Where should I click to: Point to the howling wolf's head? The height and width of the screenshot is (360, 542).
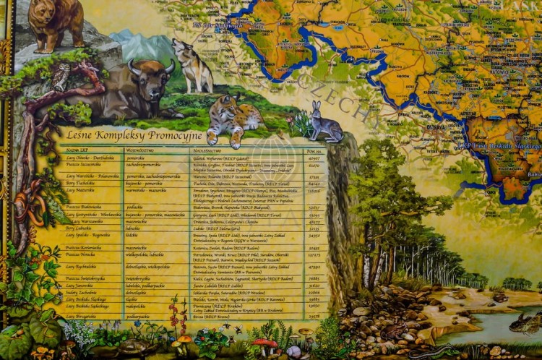(180, 48)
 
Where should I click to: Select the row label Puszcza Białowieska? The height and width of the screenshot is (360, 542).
(84, 207)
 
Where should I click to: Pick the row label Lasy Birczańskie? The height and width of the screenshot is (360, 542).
(82, 316)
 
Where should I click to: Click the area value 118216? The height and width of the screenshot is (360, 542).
(314, 191)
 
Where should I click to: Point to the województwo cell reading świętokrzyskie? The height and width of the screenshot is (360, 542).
(138, 278)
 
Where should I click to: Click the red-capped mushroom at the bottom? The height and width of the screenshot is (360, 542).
(267, 344)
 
